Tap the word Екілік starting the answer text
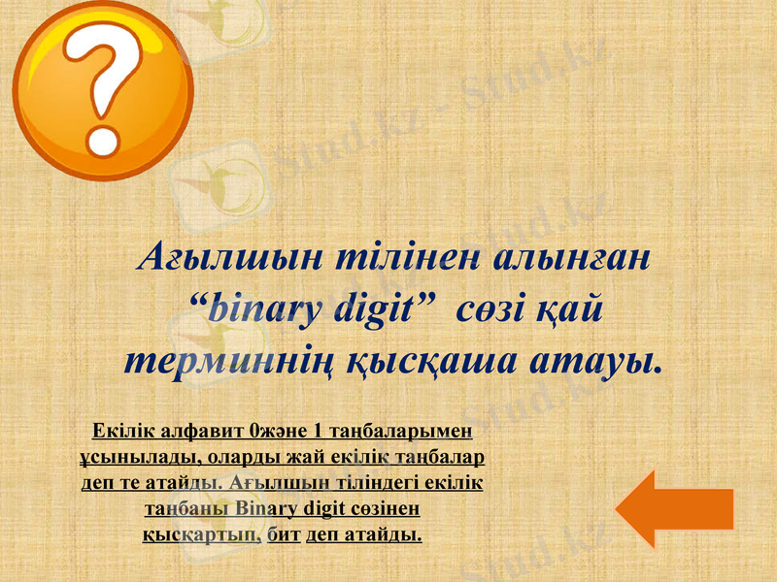tap(121, 430)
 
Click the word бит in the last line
tap(284, 534)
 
